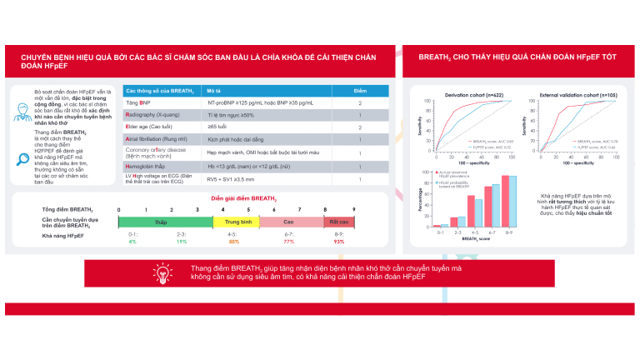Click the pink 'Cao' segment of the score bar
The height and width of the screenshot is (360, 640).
tap(289, 222)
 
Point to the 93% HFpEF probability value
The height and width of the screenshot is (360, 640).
tap(339, 241)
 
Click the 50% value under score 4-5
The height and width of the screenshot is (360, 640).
tap(234, 241)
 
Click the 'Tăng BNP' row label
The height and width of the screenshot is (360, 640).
tap(138, 102)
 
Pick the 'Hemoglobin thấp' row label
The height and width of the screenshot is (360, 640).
tap(150, 166)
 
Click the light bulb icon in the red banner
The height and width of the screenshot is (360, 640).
tap(162, 273)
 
